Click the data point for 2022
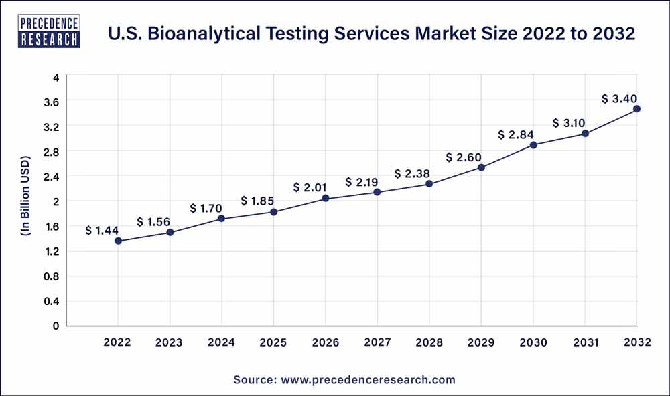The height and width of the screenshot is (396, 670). point(118,241)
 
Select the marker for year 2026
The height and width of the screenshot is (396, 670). point(326,198)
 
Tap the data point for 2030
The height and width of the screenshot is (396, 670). point(533,144)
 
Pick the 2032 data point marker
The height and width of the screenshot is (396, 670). point(636,108)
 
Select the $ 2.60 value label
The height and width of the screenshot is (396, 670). point(464,157)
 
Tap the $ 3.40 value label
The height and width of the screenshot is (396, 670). point(620,99)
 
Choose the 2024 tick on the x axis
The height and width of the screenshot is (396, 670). point(222,342)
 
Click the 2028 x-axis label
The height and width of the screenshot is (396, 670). point(429,342)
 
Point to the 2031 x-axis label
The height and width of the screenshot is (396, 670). point(585,342)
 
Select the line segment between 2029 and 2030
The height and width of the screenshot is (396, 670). point(507,156)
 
